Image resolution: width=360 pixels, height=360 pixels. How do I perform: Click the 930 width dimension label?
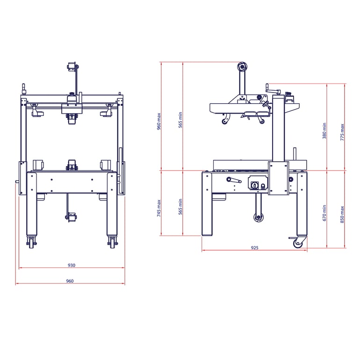(x=72, y=265)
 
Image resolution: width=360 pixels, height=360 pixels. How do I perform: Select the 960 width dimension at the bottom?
(x=70, y=281)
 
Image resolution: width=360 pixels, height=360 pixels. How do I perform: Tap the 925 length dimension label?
(x=254, y=248)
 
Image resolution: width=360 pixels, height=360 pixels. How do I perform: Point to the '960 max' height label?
(x=158, y=121)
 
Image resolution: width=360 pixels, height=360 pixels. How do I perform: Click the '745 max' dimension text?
(x=158, y=208)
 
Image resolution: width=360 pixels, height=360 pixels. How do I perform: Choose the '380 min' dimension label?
(x=324, y=130)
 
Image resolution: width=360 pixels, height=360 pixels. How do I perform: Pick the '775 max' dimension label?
(x=342, y=132)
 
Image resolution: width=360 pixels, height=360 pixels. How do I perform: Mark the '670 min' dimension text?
(x=324, y=213)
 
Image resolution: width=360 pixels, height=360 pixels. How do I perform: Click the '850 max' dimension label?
(x=342, y=215)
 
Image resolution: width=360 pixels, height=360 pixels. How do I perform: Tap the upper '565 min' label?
(x=180, y=120)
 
